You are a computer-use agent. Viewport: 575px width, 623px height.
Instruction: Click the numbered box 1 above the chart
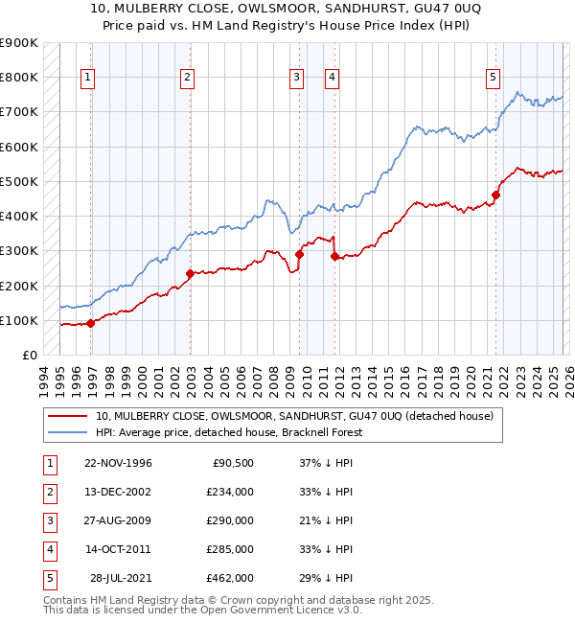[x=87, y=78]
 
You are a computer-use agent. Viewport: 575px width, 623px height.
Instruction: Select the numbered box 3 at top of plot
[x=297, y=78]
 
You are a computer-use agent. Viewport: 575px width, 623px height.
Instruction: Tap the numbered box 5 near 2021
[x=493, y=78]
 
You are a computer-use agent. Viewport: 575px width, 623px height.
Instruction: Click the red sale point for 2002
[x=190, y=273]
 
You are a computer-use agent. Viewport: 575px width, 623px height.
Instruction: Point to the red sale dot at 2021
[x=495, y=195]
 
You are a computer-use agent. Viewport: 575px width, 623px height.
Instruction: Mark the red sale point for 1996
[x=91, y=323]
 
